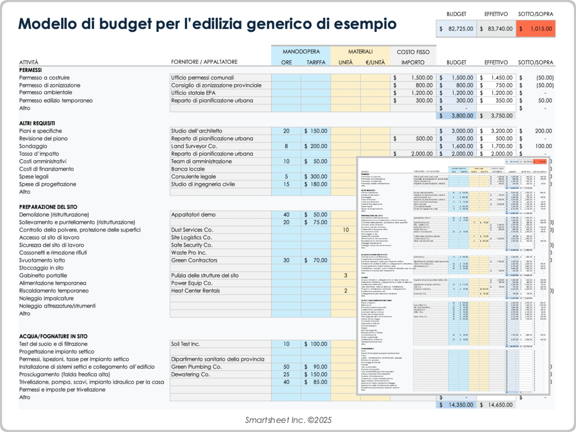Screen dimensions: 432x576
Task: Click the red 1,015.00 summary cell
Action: [x=536, y=29]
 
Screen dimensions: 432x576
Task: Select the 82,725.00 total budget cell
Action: [x=456, y=29]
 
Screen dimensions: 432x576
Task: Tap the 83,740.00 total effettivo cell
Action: [x=496, y=29]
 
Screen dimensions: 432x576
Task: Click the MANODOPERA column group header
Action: [x=301, y=52]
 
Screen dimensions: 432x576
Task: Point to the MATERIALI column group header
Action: [x=360, y=52]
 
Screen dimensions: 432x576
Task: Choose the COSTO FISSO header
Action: [x=413, y=52]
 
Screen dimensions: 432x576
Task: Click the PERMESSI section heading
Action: [x=30, y=70]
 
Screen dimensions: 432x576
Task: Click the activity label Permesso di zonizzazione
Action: [x=49, y=85]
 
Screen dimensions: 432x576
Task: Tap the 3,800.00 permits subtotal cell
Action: [x=456, y=116]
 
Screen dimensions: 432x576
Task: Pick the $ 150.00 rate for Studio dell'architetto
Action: [x=316, y=131]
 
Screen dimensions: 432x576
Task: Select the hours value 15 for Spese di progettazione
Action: [x=286, y=184]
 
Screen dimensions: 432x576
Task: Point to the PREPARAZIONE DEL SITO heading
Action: [x=48, y=207]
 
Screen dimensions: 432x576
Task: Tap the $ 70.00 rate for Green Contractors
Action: [x=316, y=260]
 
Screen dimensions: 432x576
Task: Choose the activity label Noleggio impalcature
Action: [x=46, y=298]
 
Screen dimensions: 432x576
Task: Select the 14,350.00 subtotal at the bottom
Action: [x=456, y=405]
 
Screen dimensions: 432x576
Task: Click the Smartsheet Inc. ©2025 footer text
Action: [x=288, y=420]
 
